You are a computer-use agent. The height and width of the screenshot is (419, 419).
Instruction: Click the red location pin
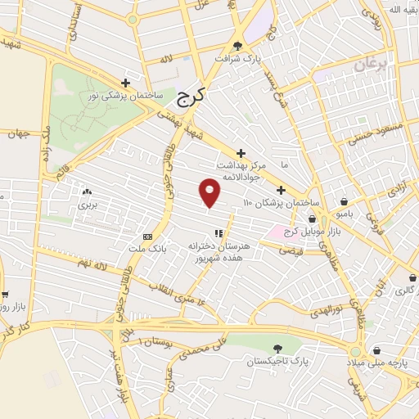pos(210,193)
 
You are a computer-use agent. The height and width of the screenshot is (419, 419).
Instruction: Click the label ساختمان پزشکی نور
pos(126,97)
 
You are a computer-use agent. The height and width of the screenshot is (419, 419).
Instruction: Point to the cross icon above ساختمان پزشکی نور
pos(125,83)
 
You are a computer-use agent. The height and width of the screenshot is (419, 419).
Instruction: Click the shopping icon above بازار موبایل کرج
pos(313,220)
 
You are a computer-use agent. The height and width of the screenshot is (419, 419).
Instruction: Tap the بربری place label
pos(88,205)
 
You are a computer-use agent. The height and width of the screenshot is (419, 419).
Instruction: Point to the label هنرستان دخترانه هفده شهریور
pos(219,250)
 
